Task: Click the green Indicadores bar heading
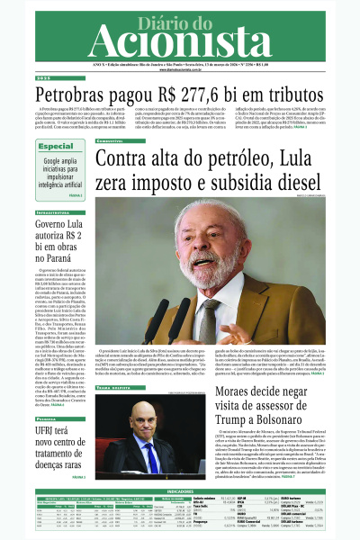180,491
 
